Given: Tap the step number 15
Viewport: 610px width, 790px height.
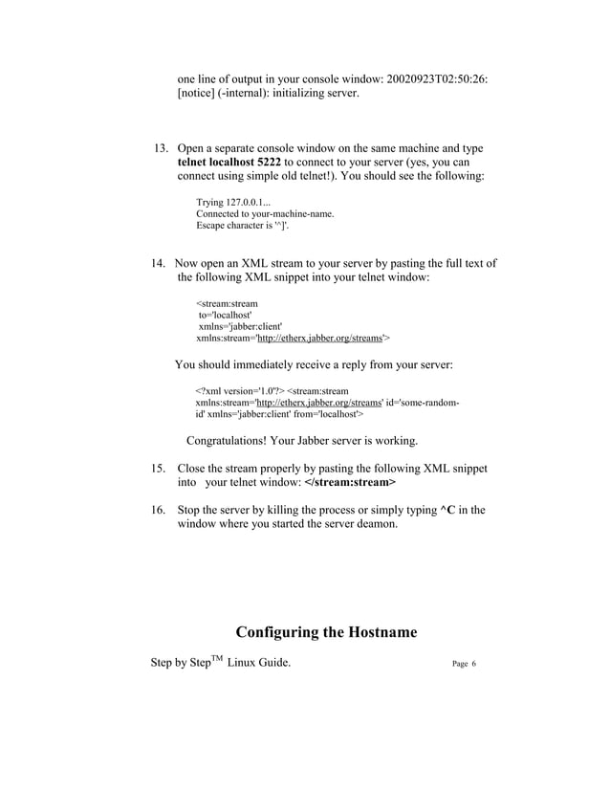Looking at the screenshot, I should click(160, 469).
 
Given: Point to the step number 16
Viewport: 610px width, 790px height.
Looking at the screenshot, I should click(160, 510).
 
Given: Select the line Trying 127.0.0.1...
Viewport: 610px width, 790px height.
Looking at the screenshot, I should click(234, 204).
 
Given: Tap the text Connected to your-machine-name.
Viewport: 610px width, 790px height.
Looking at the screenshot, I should click(265, 214).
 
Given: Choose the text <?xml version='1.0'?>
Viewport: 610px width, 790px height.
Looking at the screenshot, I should click(239, 391).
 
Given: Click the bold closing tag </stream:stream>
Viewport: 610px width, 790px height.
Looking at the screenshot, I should click(336, 484).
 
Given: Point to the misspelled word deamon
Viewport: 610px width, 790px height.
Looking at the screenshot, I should click(371, 525).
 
